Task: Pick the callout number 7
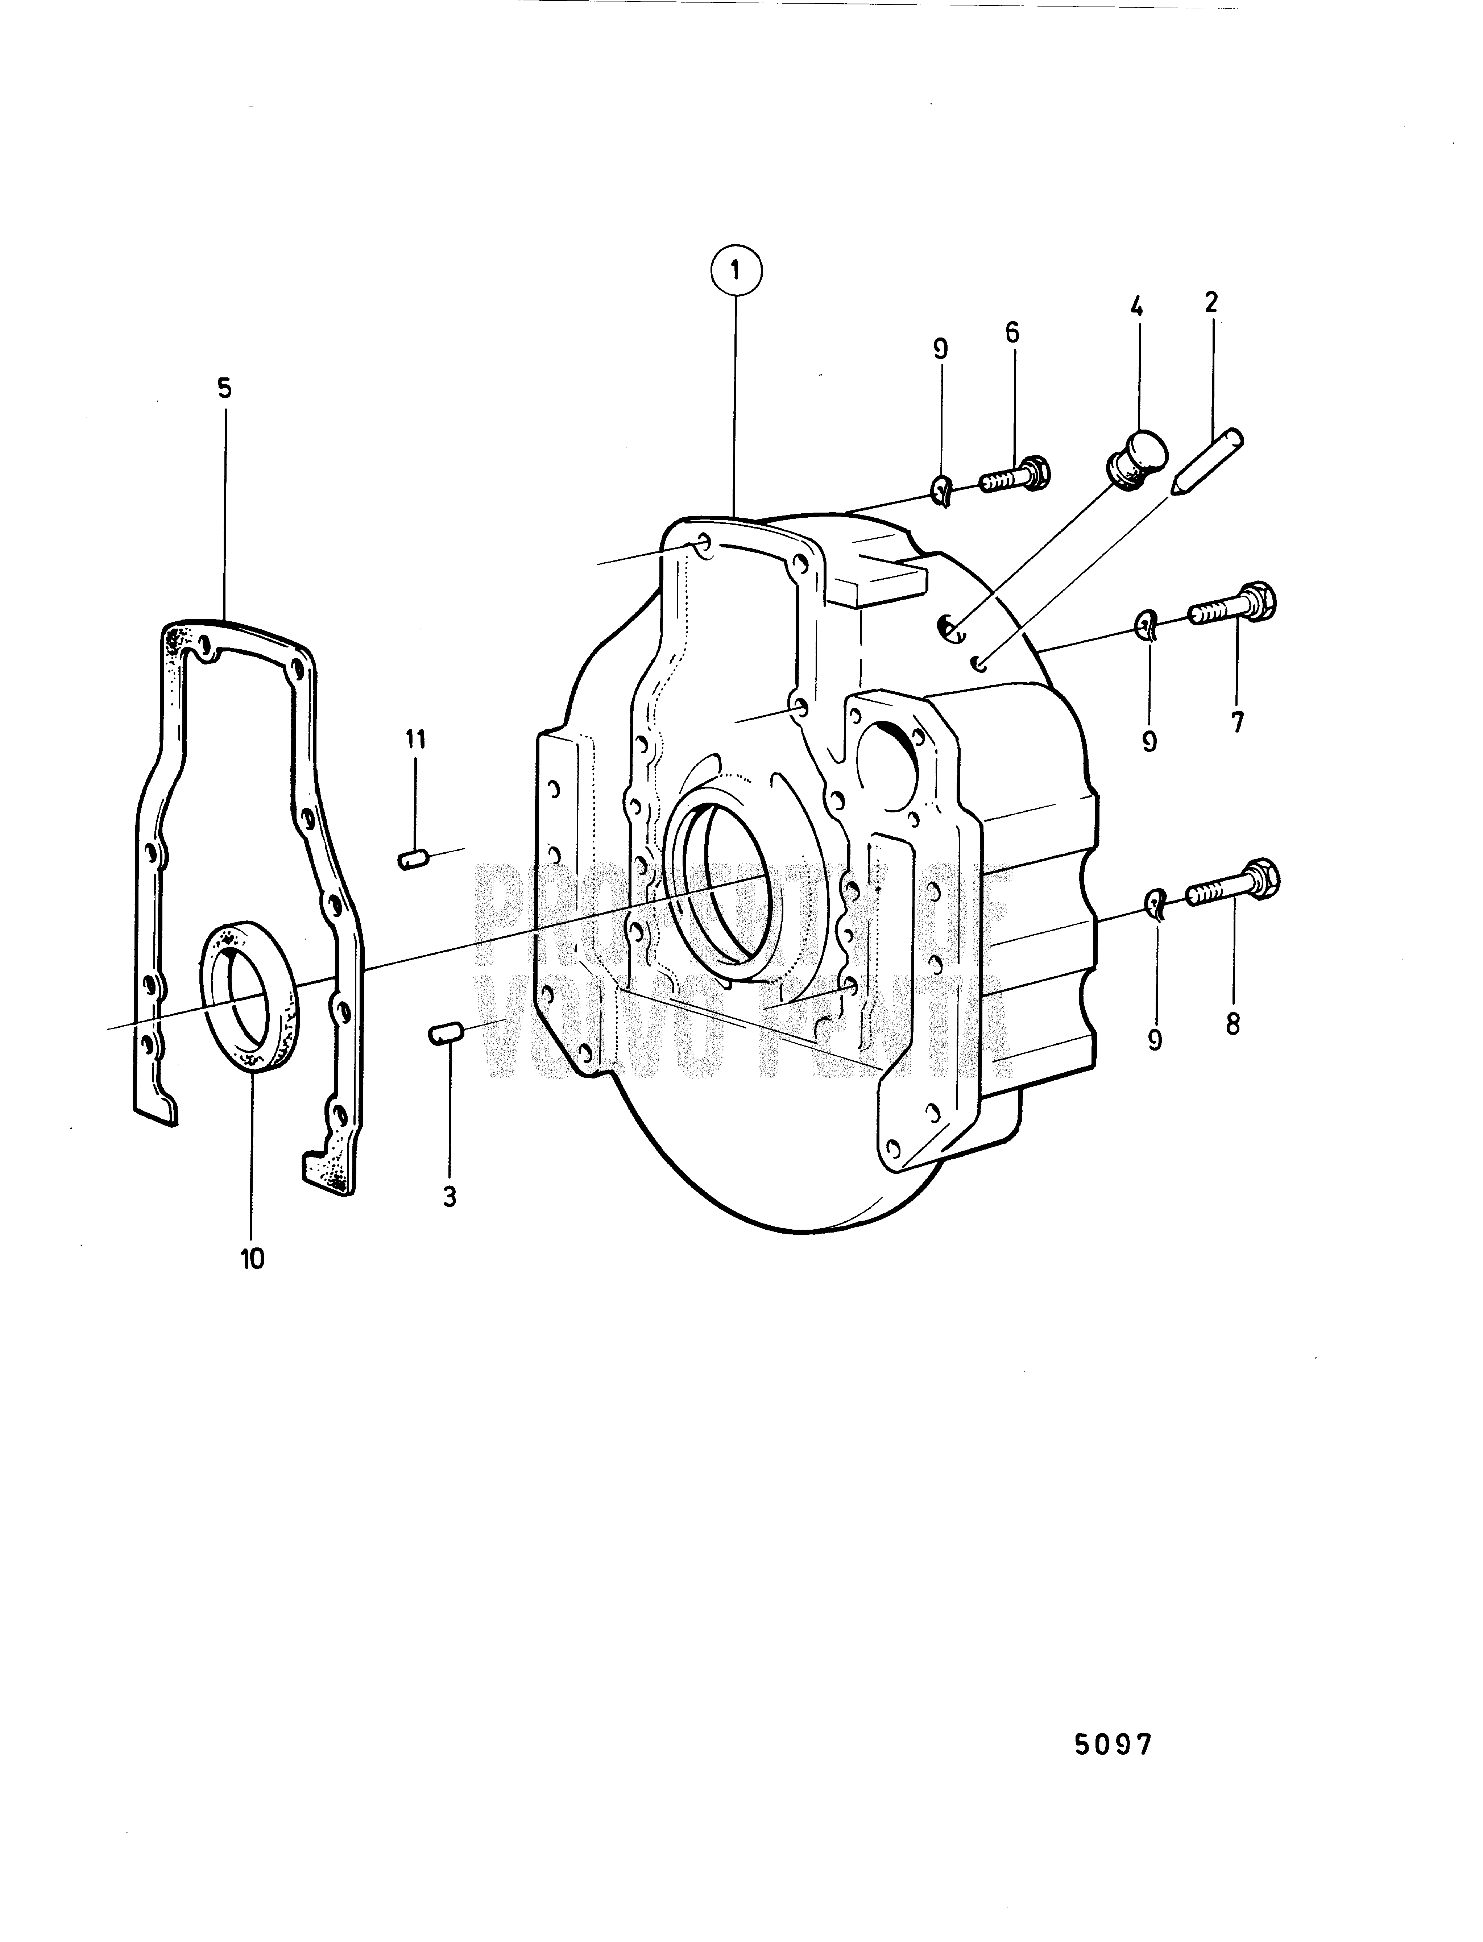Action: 1237,722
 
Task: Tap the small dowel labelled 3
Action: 447,1034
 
